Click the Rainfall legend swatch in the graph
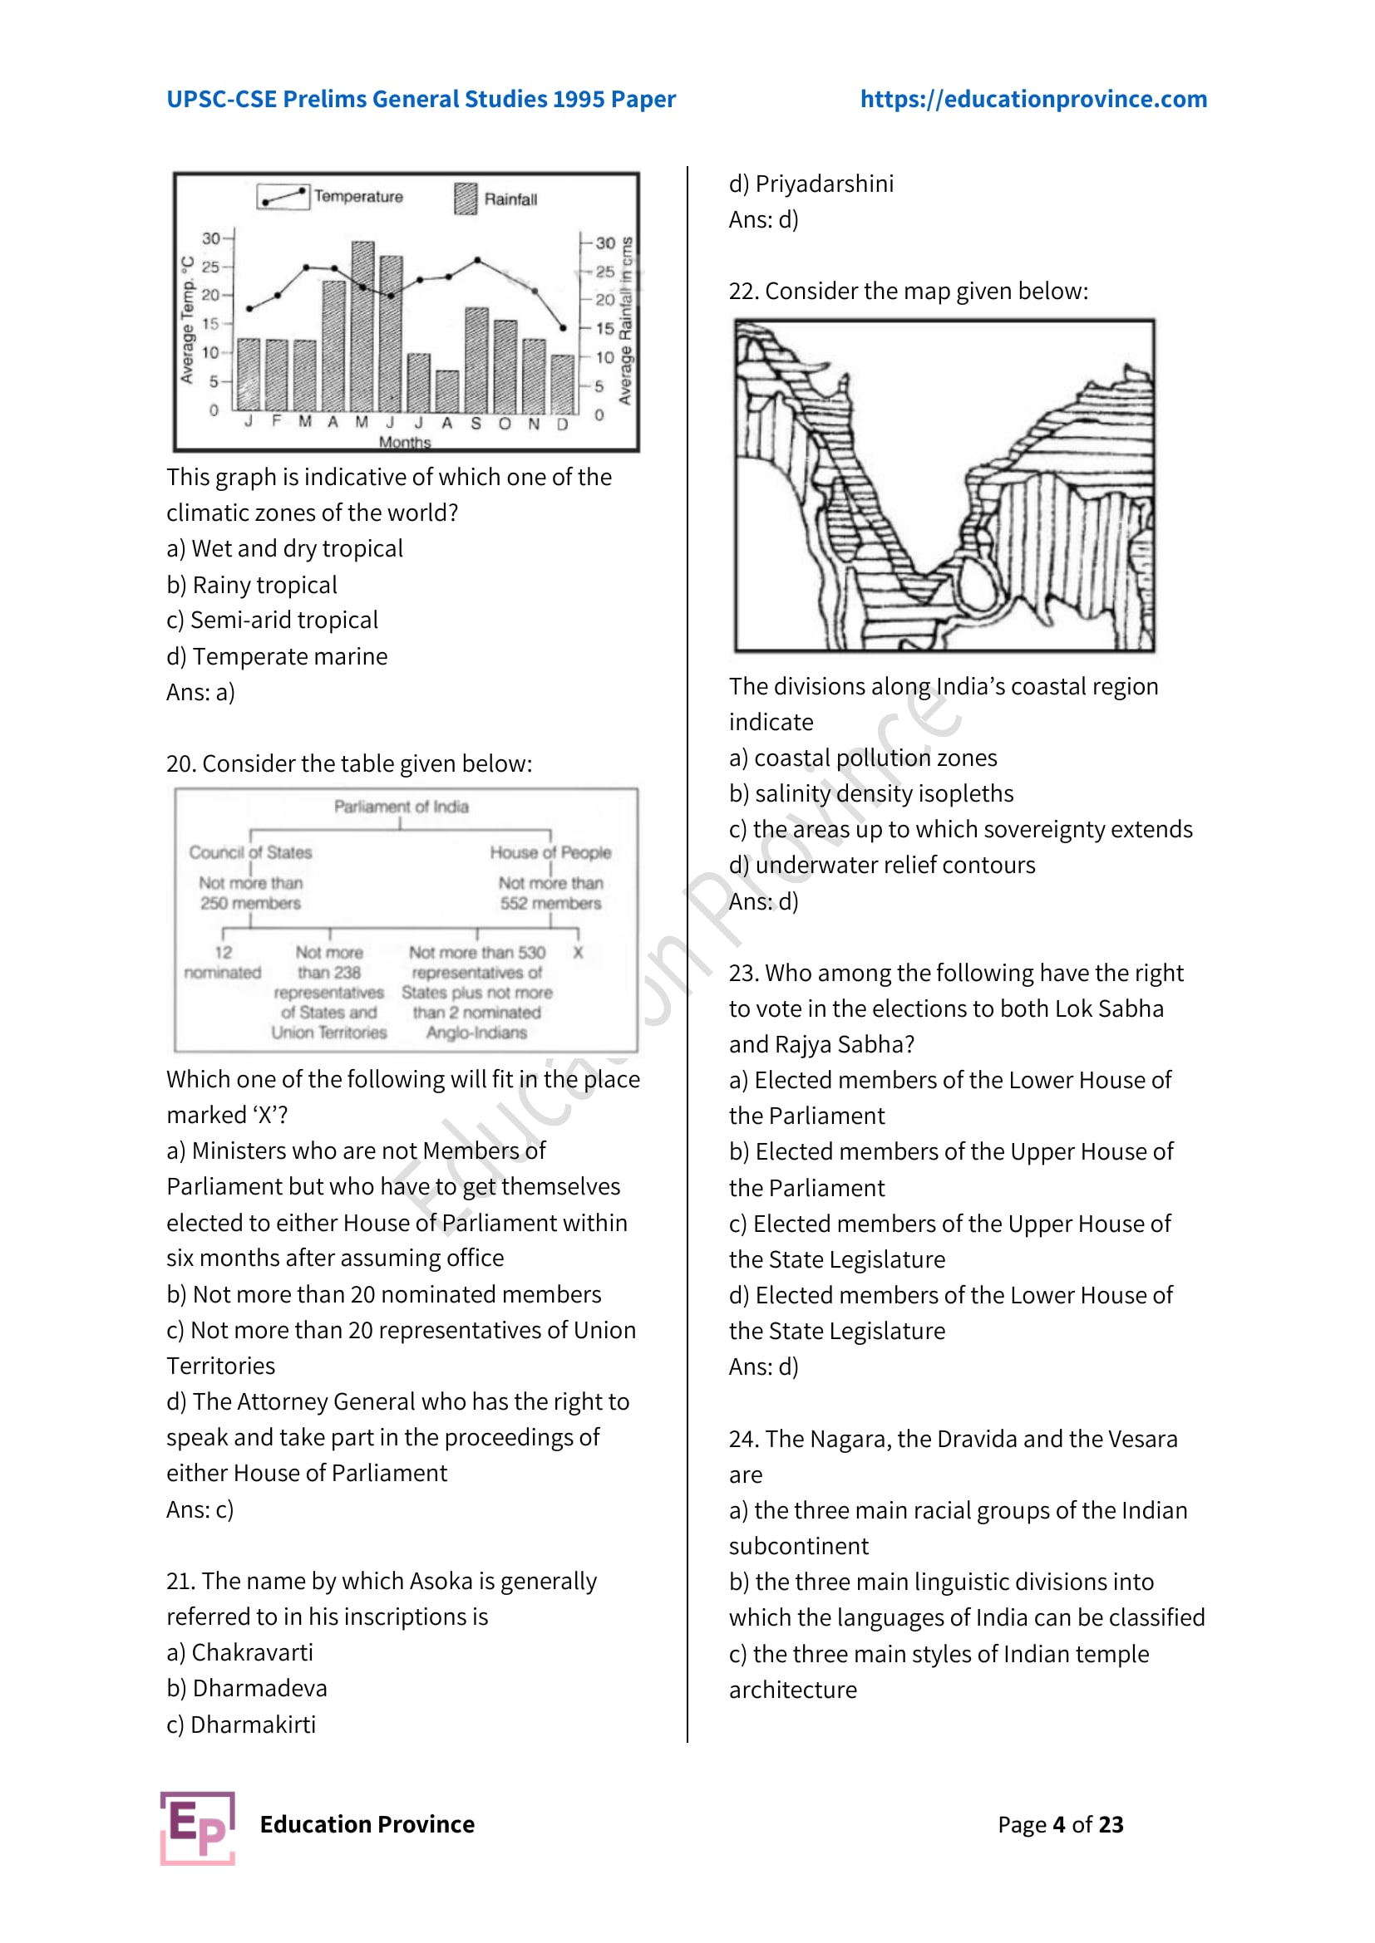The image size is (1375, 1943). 465,199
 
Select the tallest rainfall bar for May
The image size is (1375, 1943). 362,326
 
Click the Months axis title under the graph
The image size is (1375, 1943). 404,441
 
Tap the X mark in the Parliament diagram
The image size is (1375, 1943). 578,952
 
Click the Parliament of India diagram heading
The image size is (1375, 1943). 401,806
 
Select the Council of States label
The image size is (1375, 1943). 249,852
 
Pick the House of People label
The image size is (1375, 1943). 550,852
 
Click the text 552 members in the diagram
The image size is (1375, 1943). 550,903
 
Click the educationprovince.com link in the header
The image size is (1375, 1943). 1033,99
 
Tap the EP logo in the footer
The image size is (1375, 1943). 197,1827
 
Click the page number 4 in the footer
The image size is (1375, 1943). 1058,1823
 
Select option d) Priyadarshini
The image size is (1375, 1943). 811,184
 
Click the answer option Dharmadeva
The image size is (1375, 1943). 247,1687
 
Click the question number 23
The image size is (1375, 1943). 742,973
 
